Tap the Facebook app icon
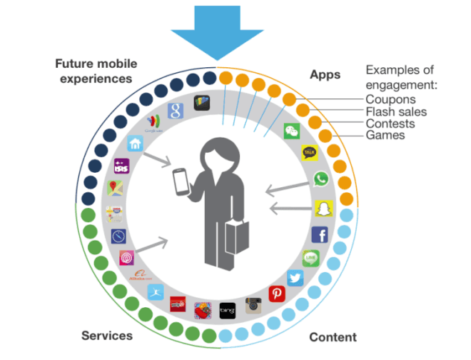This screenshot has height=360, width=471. pyautogui.click(x=320, y=234)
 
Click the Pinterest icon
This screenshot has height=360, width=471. pyautogui.click(x=277, y=294)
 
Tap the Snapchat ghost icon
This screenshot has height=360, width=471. pyautogui.click(x=324, y=208)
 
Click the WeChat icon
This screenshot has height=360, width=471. pyautogui.click(x=292, y=131)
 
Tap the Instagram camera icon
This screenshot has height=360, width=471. pyautogui.click(x=253, y=306)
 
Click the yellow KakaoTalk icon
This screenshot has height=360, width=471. pyautogui.click(x=310, y=152)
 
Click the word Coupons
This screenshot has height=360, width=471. pyautogui.click(x=390, y=99)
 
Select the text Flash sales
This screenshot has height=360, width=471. pyautogui.click(x=396, y=111)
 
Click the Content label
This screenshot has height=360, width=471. pyautogui.click(x=333, y=337)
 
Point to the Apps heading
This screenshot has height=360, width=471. pyautogui.click(x=325, y=74)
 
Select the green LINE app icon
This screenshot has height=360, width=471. pyautogui.click(x=310, y=258)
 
